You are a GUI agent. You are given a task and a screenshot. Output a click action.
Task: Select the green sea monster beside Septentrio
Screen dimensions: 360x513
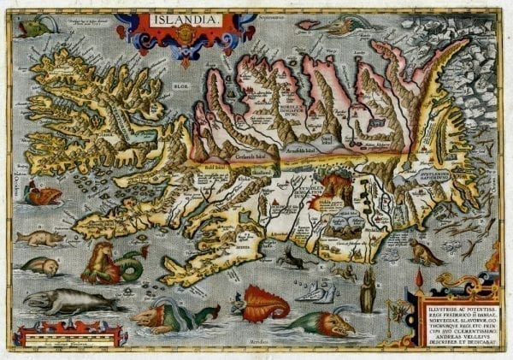(x=312, y=26)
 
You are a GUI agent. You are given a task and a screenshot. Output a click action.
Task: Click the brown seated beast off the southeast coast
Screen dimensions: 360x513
(x=425, y=251)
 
